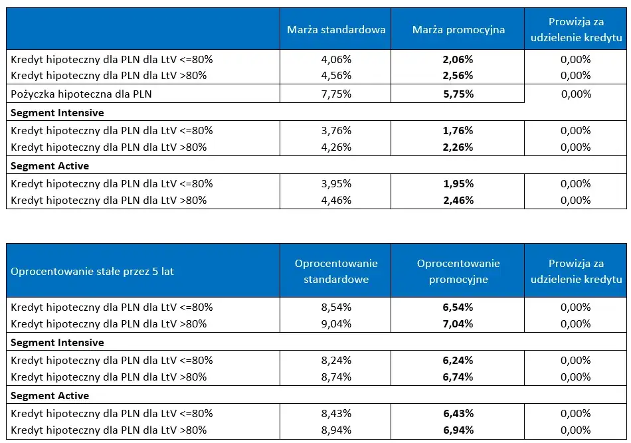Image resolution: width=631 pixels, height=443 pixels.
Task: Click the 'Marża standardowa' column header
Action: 336,30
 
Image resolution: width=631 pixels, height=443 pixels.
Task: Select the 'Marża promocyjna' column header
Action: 458,30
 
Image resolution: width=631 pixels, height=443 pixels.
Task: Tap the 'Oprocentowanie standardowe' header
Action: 336,271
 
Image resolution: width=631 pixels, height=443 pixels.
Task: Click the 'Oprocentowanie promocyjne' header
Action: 458,271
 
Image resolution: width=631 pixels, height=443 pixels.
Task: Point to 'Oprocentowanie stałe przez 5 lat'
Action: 92,271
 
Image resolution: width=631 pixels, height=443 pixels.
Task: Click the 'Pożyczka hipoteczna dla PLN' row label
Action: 82,94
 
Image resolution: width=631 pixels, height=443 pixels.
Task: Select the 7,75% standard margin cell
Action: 336,94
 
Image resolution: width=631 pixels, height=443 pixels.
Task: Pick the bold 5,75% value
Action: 458,94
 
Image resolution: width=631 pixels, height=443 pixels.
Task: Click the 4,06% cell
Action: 336,59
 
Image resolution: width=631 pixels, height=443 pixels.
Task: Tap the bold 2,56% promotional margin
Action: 458,76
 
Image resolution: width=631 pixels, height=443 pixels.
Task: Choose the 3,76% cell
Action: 336,130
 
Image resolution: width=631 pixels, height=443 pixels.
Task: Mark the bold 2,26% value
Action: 458,147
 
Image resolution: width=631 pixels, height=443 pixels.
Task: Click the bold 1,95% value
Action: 458,183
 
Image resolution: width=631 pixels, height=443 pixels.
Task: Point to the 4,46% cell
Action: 336,200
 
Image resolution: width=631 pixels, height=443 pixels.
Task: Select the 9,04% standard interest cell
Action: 336,323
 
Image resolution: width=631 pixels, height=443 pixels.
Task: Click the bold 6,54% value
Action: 458,307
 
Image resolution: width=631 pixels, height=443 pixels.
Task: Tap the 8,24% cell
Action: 336,360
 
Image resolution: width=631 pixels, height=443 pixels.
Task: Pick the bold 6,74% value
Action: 458,377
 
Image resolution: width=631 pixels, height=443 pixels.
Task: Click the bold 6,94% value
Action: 458,430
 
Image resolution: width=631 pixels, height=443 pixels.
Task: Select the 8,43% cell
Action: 336,413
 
